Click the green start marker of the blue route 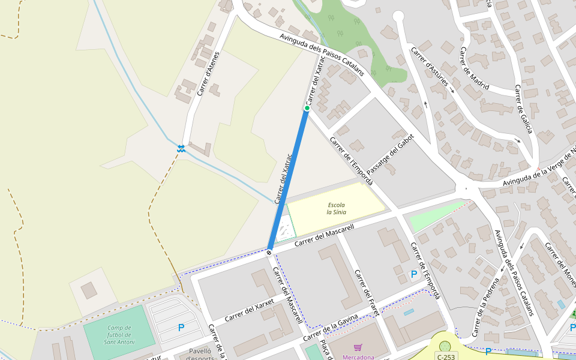click(307, 108)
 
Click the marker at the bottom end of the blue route click(269, 252)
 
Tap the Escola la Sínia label click(336, 209)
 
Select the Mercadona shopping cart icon click(358, 347)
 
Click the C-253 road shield click(446, 356)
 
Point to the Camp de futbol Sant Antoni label click(119, 335)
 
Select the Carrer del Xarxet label click(250, 310)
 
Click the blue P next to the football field click(181, 328)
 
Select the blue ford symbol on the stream click(181, 148)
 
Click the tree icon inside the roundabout click(445, 346)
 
